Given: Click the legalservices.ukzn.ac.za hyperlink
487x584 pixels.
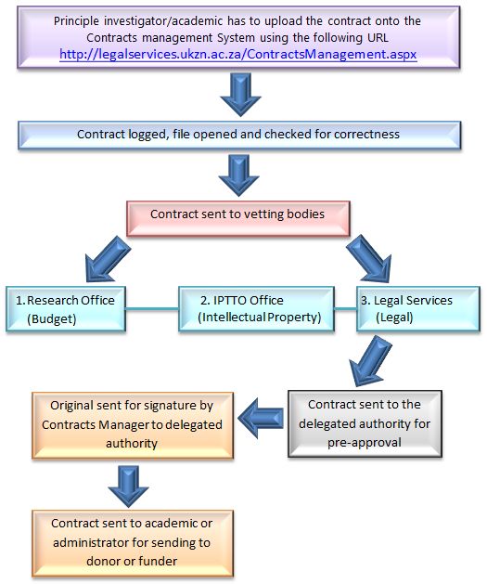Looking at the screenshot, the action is (x=238, y=55).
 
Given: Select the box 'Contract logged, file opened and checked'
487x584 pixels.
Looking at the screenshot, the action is (x=239, y=135).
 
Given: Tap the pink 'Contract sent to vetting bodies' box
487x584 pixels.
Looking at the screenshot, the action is (x=238, y=218).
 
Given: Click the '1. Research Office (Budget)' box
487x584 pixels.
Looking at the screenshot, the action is (x=66, y=309).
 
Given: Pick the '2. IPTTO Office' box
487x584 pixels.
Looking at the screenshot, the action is (x=256, y=309).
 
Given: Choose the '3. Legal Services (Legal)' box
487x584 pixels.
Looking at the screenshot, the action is (x=418, y=309).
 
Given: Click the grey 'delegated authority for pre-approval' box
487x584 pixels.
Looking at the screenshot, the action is (x=365, y=423).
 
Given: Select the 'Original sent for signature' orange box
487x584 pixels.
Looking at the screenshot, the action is (x=133, y=425).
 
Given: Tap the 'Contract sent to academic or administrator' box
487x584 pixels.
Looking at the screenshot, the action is (x=133, y=543).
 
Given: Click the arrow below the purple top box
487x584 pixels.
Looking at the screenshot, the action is (x=240, y=94).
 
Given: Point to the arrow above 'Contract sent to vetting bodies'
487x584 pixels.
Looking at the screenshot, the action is (x=238, y=175).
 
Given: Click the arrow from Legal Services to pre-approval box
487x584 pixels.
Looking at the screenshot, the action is (x=369, y=360).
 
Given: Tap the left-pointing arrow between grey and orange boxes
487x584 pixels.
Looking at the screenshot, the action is (x=261, y=418).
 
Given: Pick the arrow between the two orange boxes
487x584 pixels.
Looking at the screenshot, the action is (x=129, y=486).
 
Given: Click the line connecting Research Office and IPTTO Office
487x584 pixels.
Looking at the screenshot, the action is (x=152, y=309).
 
